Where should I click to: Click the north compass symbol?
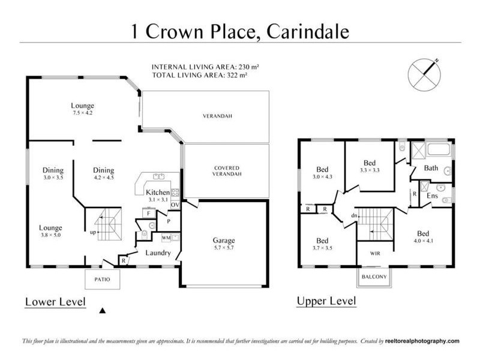click(x=424, y=75)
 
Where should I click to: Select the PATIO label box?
click(x=101, y=279)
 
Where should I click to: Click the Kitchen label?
click(x=158, y=192)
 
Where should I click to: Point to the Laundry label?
click(x=158, y=253)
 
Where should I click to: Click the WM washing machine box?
click(x=166, y=238)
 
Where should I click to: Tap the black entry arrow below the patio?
click(x=102, y=310)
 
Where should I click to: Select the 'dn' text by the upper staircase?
click(x=355, y=215)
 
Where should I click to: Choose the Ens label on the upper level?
click(x=431, y=196)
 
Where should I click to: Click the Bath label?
click(x=431, y=168)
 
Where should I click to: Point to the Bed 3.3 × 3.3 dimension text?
click(x=370, y=170)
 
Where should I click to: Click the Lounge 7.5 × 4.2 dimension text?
click(x=82, y=112)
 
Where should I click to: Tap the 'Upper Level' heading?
click(x=326, y=300)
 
